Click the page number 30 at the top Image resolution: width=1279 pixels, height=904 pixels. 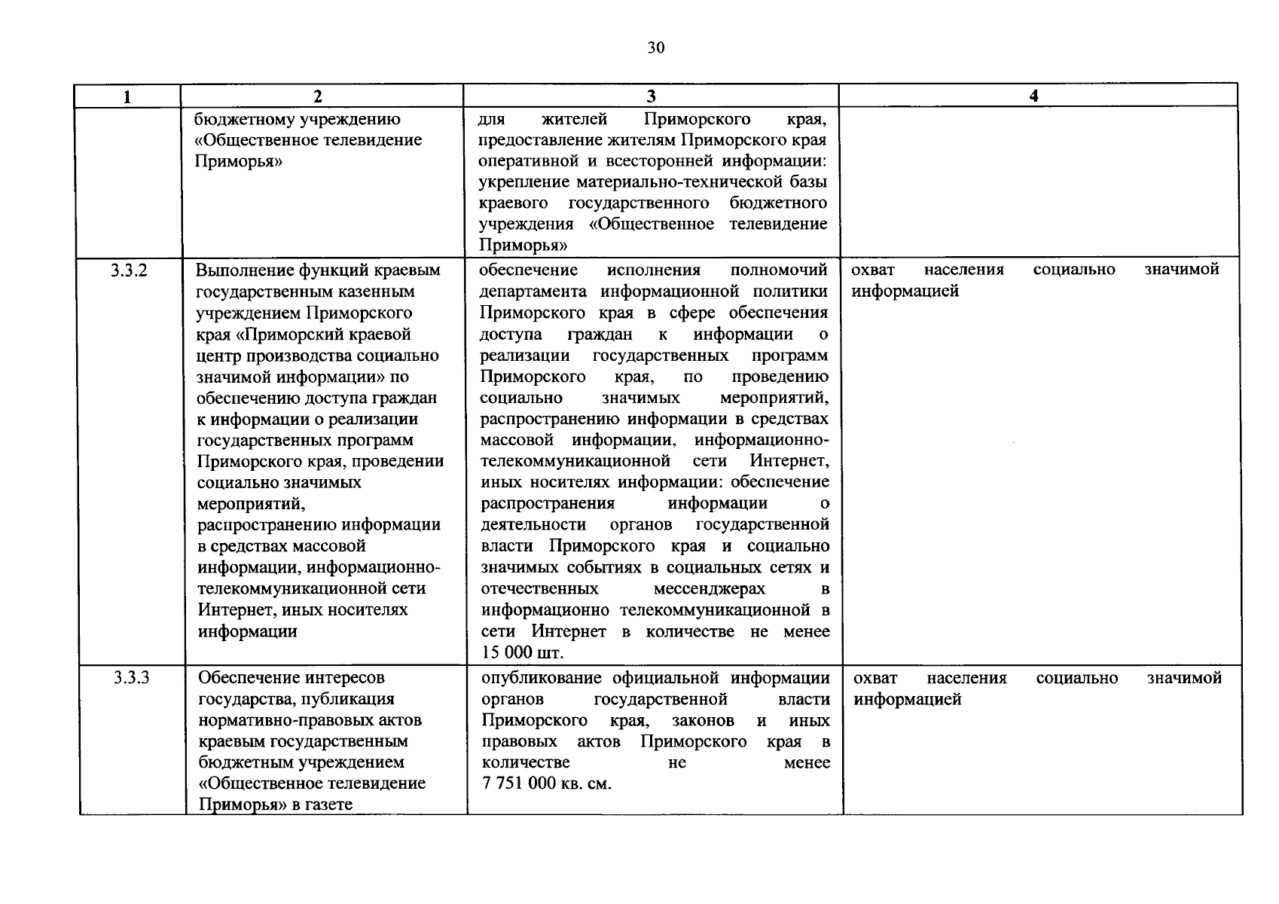coord(655,48)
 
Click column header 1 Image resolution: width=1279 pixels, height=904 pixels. coord(127,96)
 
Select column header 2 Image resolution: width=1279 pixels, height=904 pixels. coord(318,96)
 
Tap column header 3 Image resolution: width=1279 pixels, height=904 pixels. coord(651,96)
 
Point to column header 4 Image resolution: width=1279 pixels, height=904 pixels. coord(1034,96)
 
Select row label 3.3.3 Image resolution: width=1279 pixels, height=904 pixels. coord(131,678)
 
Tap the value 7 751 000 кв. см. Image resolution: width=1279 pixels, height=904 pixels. coord(546,783)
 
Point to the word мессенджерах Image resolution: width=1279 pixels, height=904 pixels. coord(704,588)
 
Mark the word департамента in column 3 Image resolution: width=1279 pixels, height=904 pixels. coord(533,292)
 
